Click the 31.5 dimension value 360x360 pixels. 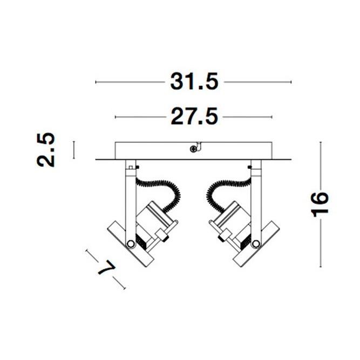tap(194, 82)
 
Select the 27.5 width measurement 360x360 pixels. tap(194, 117)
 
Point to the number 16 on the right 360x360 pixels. tap(321, 203)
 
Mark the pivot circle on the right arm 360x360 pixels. tap(255, 243)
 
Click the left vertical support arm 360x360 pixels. tap(130, 200)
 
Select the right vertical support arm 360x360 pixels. tap(255, 200)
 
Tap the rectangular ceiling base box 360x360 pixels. tap(194, 151)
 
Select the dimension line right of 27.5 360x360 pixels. tap(248, 117)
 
